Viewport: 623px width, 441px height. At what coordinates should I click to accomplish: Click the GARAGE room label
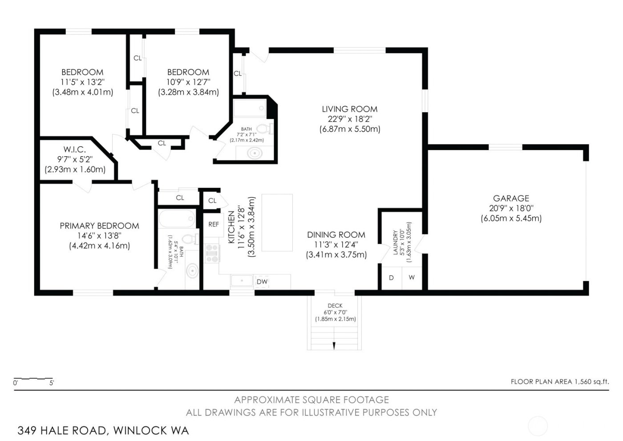pyautogui.click(x=511, y=199)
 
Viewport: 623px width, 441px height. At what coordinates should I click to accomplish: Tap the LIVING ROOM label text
pyautogui.click(x=349, y=109)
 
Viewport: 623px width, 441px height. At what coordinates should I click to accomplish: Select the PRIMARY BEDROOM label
pyautogui.click(x=99, y=226)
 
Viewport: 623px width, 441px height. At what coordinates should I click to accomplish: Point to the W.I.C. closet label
pyautogui.click(x=74, y=150)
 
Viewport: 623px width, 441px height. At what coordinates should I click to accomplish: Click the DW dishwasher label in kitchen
pyautogui.click(x=262, y=282)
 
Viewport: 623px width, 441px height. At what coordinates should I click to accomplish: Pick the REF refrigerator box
pyautogui.click(x=214, y=224)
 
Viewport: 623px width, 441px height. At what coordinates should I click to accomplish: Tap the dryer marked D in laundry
pyautogui.click(x=392, y=278)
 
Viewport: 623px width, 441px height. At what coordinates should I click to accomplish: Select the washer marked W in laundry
pyautogui.click(x=412, y=278)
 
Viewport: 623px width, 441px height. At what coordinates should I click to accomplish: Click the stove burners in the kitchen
pyautogui.click(x=212, y=253)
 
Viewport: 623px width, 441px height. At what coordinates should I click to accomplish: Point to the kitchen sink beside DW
pyautogui.click(x=242, y=281)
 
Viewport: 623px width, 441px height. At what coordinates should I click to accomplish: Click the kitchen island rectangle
pyautogui.click(x=277, y=223)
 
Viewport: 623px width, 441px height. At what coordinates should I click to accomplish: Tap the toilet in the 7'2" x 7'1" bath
pyautogui.click(x=265, y=129)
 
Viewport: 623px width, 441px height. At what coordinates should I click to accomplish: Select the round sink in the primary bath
pyautogui.click(x=192, y=271)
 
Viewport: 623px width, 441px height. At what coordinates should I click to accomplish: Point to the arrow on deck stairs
pyautogui.click(x=334, y=346)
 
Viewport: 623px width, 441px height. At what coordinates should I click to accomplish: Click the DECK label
pyautogui.click(x=335, y=306)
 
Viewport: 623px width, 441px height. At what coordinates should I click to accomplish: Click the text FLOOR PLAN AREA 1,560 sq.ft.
pyautogui.click(x=559, y=382)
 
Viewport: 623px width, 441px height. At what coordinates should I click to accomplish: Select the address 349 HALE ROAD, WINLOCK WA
pyautogui.click(x=103, y=430)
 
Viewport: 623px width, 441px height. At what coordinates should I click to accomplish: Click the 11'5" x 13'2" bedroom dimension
pyautogui.click(x=82, y=82)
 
